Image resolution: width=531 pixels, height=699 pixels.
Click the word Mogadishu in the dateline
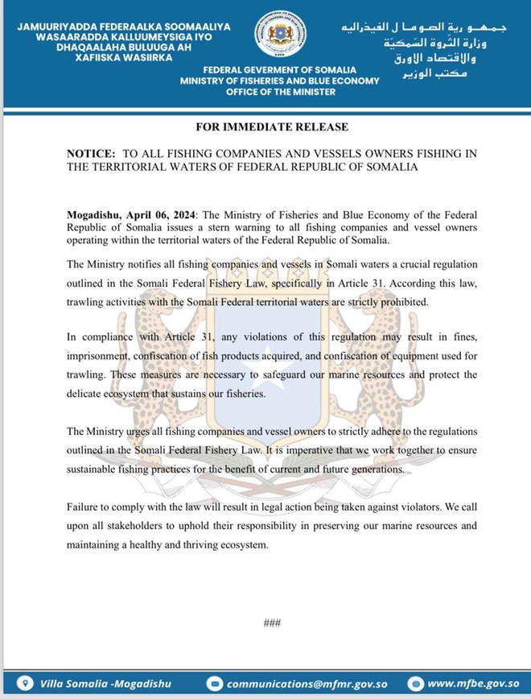(95, 215)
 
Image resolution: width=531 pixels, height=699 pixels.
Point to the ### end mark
(270, 622)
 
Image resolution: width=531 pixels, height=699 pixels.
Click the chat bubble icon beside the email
(215, 685)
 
